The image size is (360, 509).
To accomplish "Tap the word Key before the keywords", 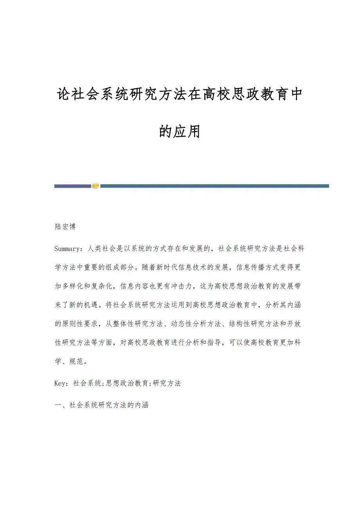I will point(61,384).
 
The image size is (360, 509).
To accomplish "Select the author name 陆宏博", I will point(65,226).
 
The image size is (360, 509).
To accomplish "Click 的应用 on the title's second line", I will point(180,131).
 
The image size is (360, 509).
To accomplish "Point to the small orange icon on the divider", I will point(95,186).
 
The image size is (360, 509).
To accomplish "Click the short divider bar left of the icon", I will point(72,186).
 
